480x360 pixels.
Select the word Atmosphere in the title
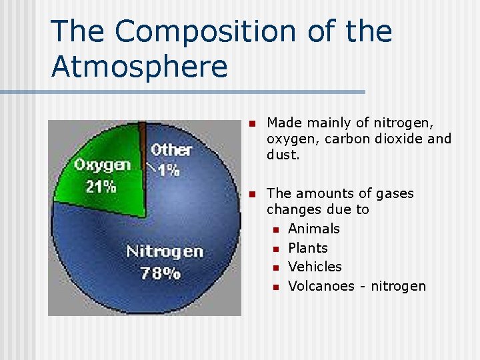139,67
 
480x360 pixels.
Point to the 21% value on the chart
101,186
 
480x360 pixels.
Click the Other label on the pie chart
171,150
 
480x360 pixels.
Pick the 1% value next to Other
169,170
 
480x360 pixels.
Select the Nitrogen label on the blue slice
165,251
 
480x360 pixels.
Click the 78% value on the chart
160,273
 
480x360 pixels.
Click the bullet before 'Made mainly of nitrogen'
251,123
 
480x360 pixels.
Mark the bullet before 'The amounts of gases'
251,194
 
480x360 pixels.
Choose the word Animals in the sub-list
314,229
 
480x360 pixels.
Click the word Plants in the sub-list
308,248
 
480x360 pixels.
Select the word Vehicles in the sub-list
315,267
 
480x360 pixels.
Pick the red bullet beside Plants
275,249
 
